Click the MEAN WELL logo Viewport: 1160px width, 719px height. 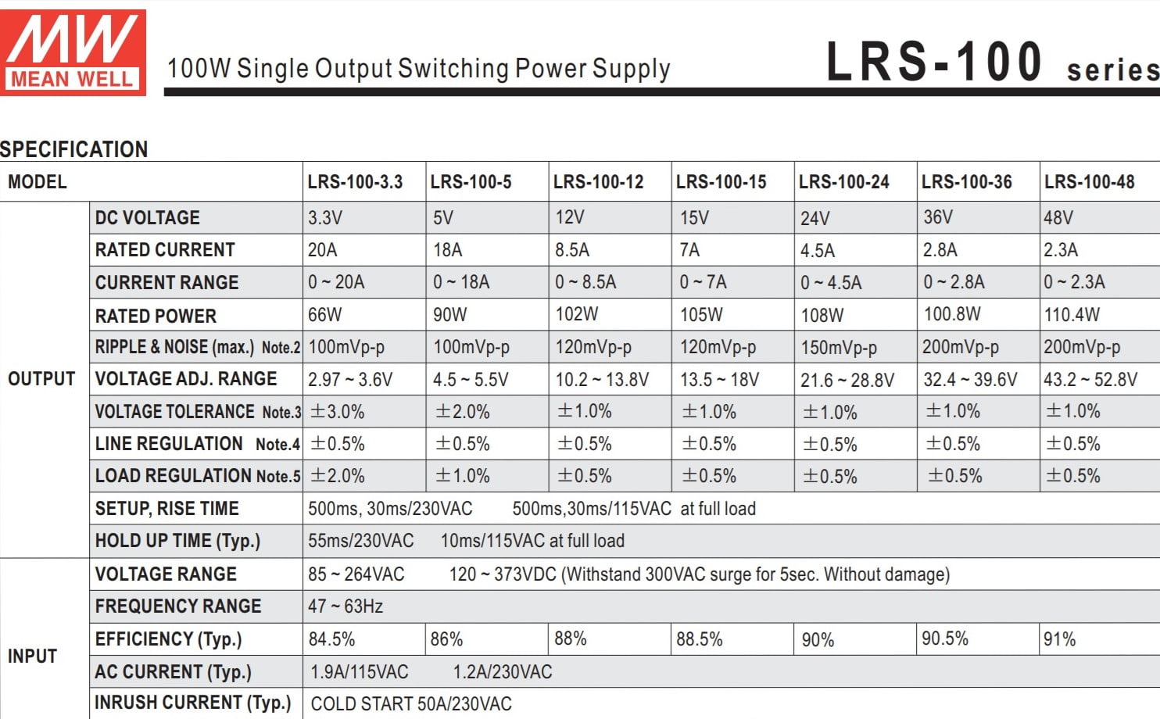click(x=73, y=52)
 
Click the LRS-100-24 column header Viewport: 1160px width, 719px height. click(x=843, y=182)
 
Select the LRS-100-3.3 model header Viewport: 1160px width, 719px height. click(x=355, y=182)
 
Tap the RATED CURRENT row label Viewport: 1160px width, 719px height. click(x=165, y=250)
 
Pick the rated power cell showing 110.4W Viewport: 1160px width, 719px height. click(x=1072, y=315)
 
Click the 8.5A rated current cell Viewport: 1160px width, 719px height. click(x=572, y=250)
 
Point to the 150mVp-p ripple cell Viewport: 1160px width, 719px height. click(x=839, y=348)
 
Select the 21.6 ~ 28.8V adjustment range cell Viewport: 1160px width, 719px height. click(x=847, y=381)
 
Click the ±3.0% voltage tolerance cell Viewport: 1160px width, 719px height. click(x=337, y=412)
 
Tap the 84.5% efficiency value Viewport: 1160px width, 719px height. click(x=331, y=639)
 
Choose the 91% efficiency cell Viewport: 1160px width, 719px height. click(x=1060, y=639)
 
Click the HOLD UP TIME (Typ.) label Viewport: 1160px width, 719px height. click(x=177, y=541)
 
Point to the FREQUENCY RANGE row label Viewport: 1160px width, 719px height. click(x=178, y=606)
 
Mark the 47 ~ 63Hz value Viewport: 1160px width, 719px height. click(x=345, y=606)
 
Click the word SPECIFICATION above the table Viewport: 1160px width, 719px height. click(x=74, y=149)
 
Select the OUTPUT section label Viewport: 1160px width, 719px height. click(x=41, y=379)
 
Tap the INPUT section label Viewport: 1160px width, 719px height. click(x=32, y=656)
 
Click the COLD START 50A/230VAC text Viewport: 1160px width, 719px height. click(x=411, y=704)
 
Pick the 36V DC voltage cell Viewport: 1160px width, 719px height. click(x=938, y=217)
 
